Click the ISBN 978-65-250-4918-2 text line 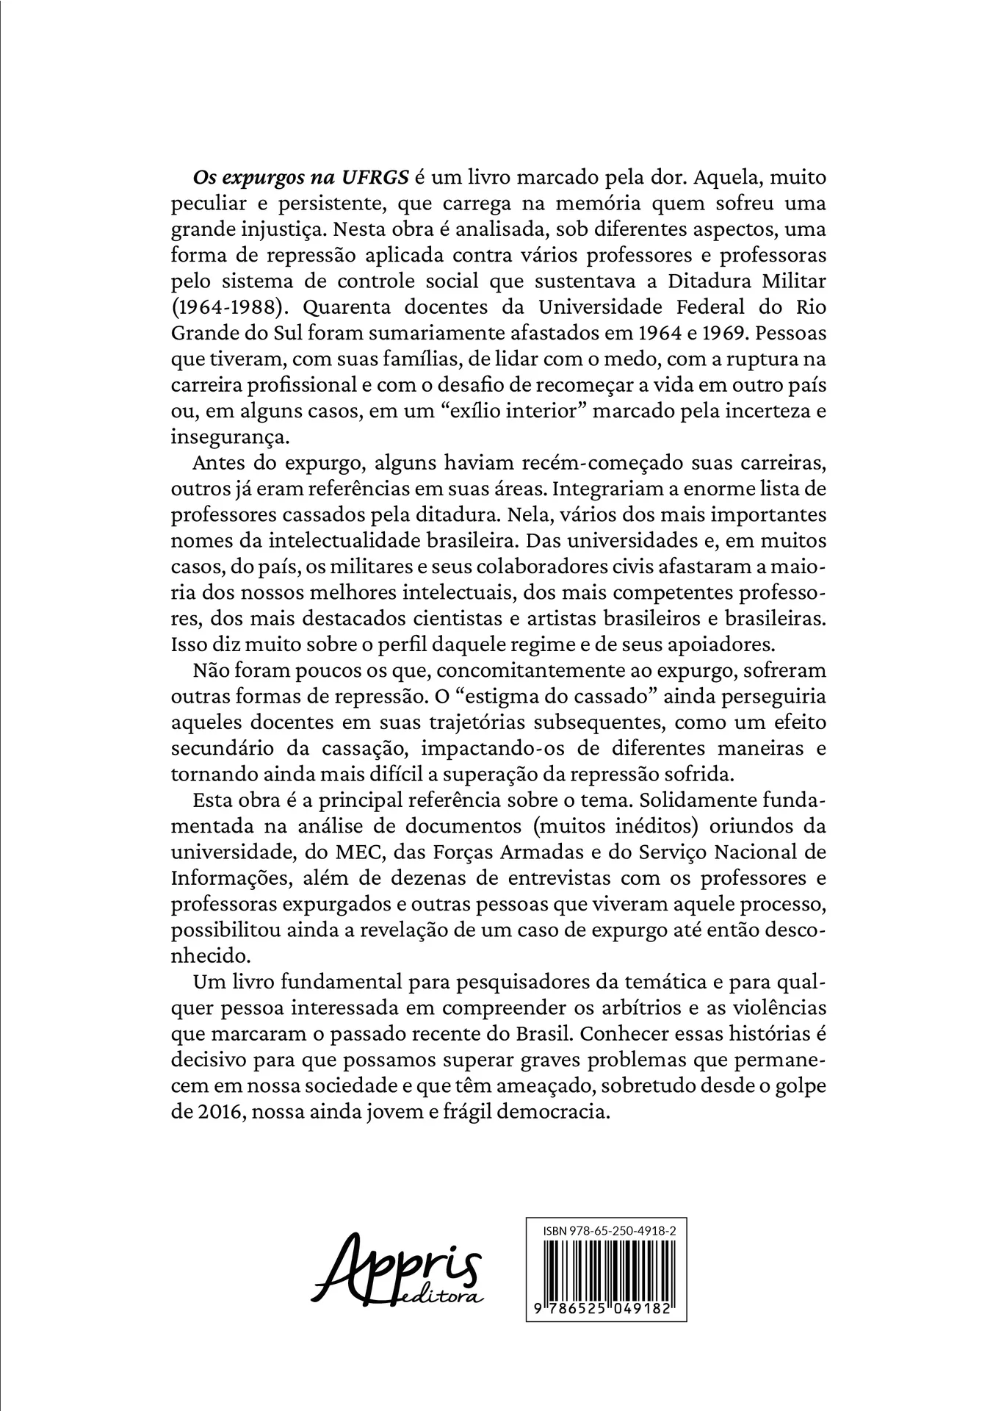click(x=605, y=1230)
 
